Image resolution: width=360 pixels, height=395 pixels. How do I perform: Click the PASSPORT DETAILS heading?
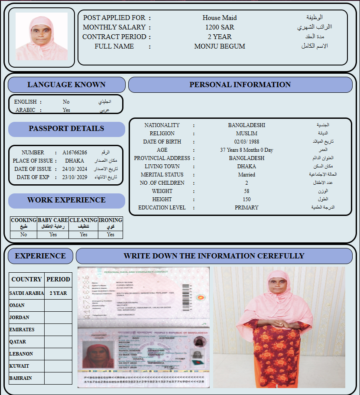point(66,129)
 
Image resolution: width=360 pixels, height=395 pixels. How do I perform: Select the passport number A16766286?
point(75,153)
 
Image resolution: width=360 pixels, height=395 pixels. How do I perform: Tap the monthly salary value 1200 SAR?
point(220,27)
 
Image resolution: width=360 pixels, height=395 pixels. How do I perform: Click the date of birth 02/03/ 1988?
point(246,142)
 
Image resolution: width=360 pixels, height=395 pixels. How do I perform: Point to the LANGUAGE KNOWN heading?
point(66,85)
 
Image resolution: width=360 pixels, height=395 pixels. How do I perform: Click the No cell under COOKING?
point(23,235)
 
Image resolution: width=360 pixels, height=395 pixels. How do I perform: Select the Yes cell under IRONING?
point(110,235)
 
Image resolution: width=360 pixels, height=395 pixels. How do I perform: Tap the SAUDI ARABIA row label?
point(26,293)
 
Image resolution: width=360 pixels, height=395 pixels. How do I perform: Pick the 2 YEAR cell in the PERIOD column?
point(58,293)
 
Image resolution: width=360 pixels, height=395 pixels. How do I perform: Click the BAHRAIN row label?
point(20,378)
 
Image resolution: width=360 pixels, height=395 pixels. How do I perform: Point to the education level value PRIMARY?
point(246,208)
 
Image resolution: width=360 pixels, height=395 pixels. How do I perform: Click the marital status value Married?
point(246,175)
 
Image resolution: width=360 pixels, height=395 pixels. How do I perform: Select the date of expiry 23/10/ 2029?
point(75,177)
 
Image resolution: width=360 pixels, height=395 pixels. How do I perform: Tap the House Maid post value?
point(220,18)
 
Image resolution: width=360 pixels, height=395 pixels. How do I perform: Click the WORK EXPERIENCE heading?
point(66,200)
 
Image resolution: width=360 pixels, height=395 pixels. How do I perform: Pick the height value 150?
point(246,199)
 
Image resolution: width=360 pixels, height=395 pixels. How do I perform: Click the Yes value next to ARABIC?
point(66,110)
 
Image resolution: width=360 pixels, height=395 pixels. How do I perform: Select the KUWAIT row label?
point(19,366)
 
